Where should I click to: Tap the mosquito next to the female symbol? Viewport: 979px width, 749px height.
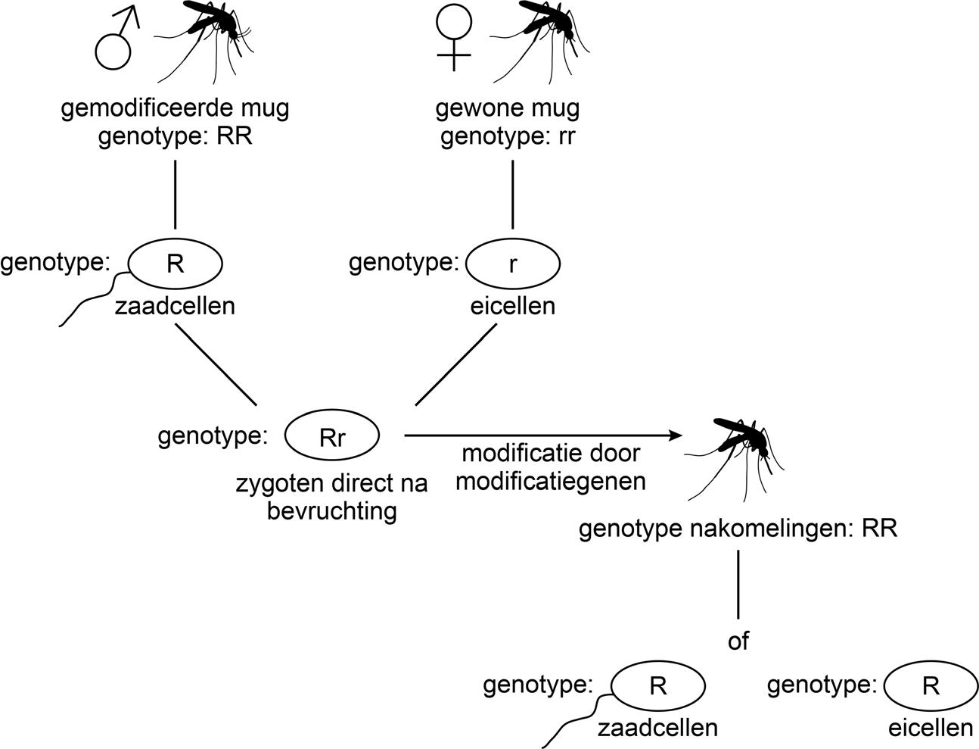(x=541, y=38)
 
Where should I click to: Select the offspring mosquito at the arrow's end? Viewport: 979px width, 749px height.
(x=738, y=454)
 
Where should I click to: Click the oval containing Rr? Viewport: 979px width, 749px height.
(x=332, y=435)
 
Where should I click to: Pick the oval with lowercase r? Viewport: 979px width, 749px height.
(x=513, y=264)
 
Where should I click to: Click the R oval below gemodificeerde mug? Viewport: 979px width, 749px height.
(x=176, y=264)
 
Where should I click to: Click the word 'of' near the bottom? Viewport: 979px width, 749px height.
(x=738, y=641)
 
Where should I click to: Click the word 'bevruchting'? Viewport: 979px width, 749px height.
(x=332, y=510)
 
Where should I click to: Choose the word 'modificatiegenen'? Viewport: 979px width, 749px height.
(x=551, y=481)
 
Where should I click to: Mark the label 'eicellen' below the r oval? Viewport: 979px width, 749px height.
(x=513, y=306)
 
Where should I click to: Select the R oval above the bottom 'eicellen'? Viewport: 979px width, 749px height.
(x=931, y=685)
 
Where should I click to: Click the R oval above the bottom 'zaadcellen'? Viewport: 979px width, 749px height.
(x=658, y=685)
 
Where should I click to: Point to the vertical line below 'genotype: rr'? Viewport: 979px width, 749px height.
(x=513, y=194)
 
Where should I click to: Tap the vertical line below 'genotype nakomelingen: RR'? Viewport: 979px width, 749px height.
(x=738, y=585)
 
